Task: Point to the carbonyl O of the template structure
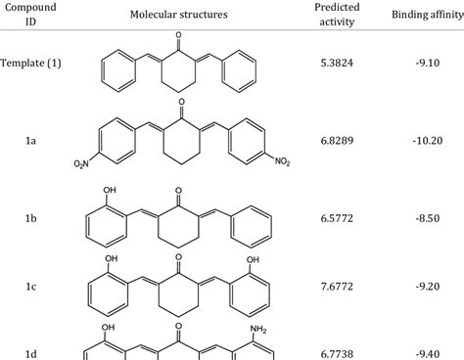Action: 177,34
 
